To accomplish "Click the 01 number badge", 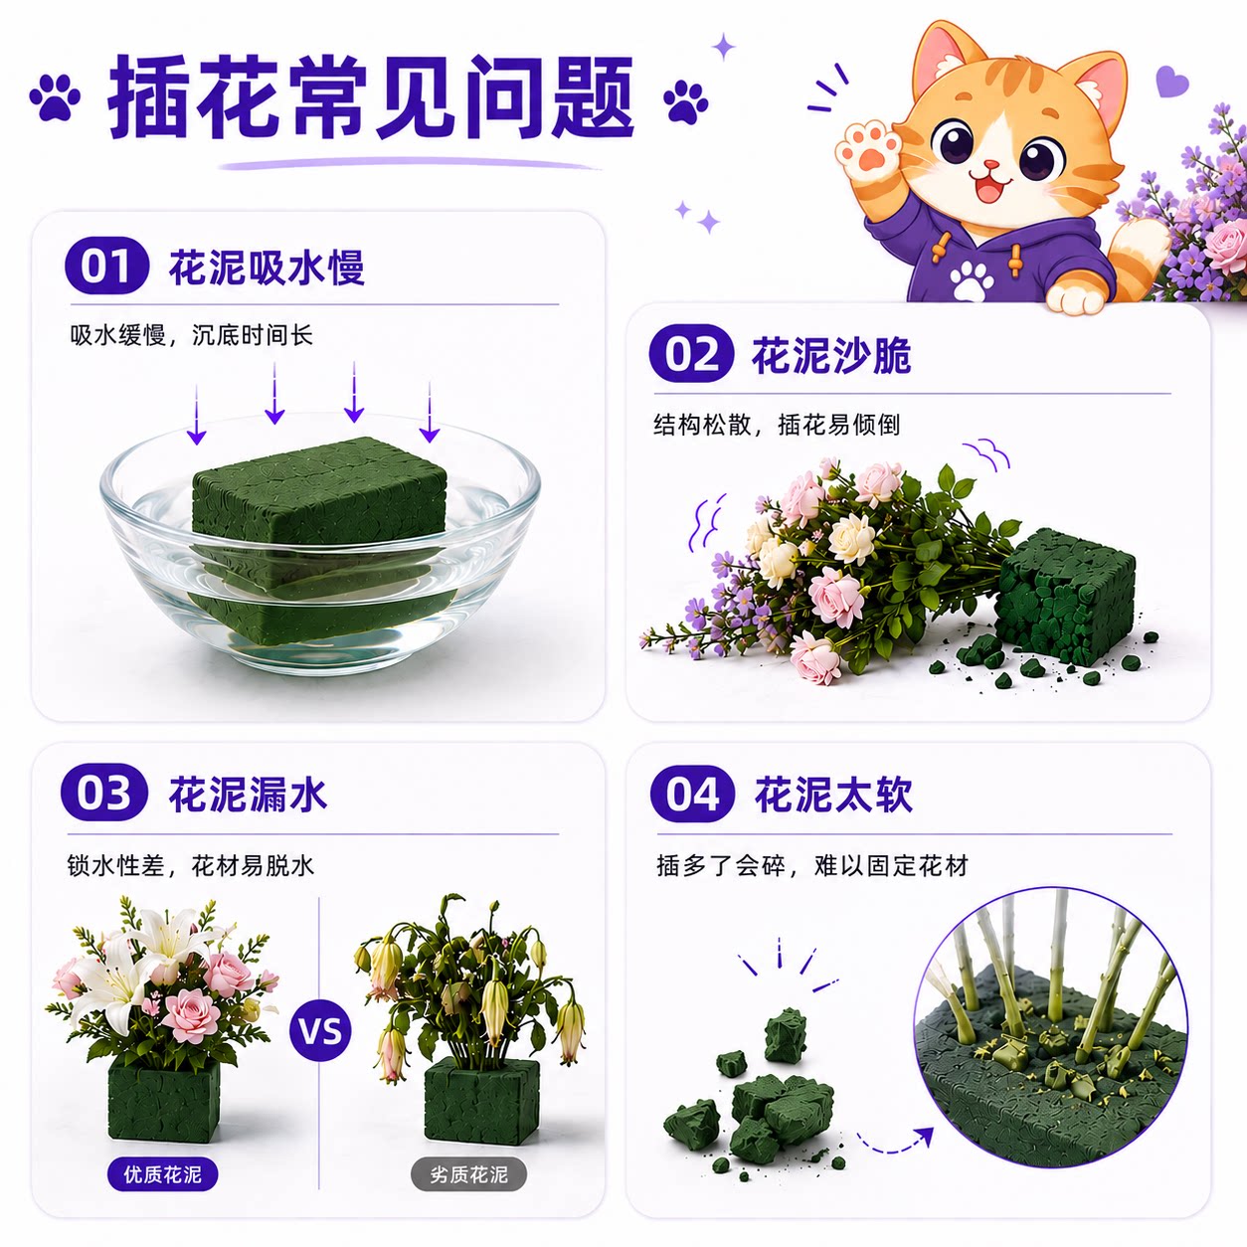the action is pos(106,266).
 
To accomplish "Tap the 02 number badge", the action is pos(691,354).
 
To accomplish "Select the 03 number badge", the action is pos(104,793).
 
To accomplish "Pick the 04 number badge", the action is pos(692,794).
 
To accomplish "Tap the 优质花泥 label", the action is pos(162,1173).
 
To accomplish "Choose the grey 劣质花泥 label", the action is pos(469,1173).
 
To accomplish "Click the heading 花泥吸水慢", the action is pos(267,267).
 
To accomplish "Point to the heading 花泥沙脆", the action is pos(831,355).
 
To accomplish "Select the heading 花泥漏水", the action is pos(248,794).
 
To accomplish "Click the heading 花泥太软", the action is pos(833,795).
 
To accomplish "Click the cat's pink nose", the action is pos(990,164).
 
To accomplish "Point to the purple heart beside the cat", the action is pos(1172,82).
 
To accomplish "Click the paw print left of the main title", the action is pos(55,97).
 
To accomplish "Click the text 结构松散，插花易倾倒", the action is pos(777,426).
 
